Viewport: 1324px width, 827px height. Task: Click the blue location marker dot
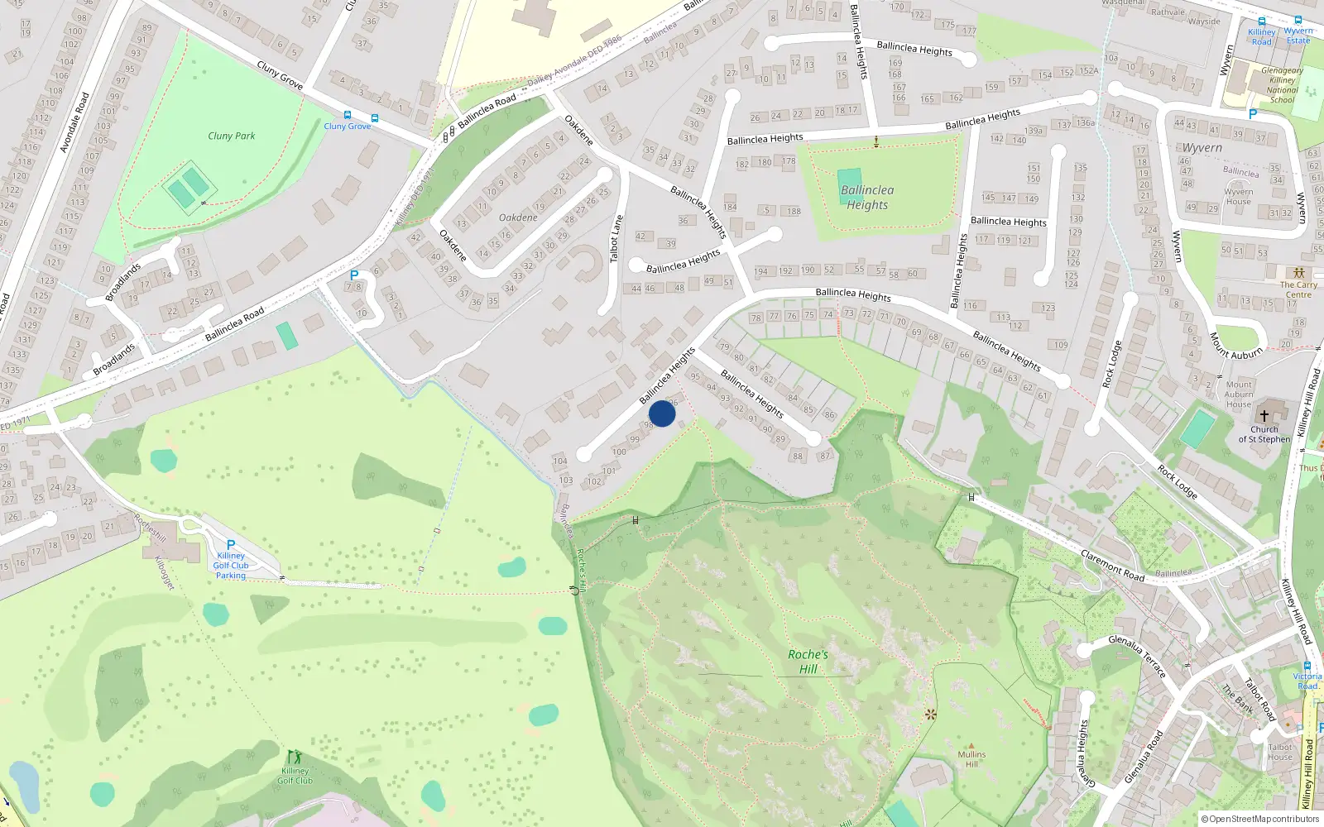662,413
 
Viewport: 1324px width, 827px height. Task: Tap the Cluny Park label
232,136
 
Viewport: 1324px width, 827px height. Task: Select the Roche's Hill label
808,662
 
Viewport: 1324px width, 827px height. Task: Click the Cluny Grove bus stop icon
348,116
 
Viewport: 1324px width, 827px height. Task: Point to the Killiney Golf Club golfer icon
295,757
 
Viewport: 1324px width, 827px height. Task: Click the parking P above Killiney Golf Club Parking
231,545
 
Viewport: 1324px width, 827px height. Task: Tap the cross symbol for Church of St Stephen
1264,415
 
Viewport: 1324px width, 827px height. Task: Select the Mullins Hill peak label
971,758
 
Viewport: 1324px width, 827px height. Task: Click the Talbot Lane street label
616,239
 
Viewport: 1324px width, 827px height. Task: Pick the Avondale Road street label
74,122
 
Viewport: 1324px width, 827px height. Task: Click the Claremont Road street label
1112,565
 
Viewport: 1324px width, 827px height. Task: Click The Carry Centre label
1298,289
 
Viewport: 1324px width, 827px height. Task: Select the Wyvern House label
1239,197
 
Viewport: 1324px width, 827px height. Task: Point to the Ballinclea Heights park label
867,198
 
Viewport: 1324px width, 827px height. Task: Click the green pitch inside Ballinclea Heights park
849,181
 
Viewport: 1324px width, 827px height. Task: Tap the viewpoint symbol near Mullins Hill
930,714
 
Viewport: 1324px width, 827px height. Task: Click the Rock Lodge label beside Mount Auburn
1111,364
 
